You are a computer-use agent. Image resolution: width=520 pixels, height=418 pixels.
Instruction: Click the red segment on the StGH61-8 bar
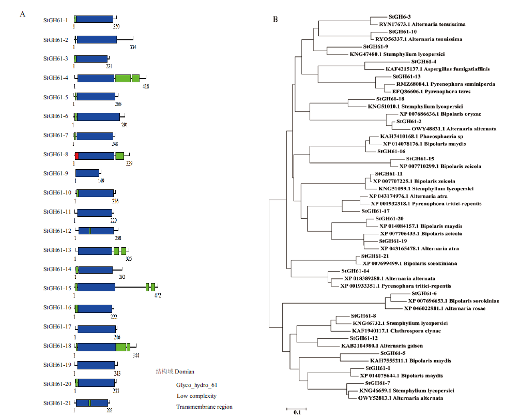(x=77, y=156)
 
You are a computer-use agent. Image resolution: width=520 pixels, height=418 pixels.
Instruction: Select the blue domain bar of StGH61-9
(x=87, y=173)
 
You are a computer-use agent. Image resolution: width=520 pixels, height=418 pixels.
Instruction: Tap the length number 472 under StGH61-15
(x=158, y=295)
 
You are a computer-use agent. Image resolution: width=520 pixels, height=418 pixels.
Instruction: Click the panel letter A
(x=22, y=14)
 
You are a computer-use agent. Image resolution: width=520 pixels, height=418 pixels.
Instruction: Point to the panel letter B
(x=276, y=19)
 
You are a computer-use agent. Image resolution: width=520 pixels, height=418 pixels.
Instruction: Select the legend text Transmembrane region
(x=204, y=407)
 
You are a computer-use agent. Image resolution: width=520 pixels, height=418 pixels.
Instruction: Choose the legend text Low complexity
(x=196, y=396)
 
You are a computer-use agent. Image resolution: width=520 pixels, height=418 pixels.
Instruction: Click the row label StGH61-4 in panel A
(x=56, y=78)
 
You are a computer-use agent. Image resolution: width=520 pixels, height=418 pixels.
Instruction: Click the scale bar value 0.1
(x=297, y=412)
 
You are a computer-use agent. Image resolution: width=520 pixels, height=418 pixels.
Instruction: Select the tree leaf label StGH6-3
(x=400, y=17)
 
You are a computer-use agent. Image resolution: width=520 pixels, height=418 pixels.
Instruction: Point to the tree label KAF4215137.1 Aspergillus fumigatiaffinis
(x=437, y=69)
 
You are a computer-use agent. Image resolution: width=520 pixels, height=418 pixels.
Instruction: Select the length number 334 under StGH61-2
(x=133, y=47)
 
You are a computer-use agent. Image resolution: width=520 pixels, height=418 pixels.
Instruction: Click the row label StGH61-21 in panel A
(x=57, y=402)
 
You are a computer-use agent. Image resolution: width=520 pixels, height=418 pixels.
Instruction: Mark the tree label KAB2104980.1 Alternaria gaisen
(x=382, y=346)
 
